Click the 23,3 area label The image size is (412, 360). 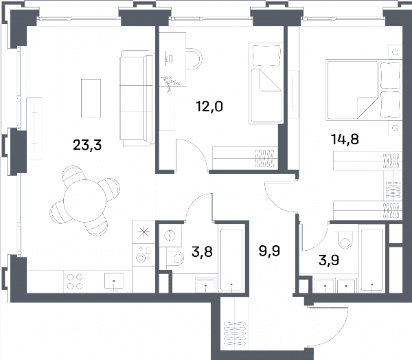click(x=87, y=145)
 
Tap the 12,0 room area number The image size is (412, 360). click(x=209, y=106)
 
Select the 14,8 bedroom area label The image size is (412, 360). click(x=345, y=139)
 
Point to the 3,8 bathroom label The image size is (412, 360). click(x=202, y=252)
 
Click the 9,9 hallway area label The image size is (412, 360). click(x=269, y=251)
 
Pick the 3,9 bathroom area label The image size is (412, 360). click(x=329, y=260)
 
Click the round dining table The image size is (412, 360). click(x=84, y=201)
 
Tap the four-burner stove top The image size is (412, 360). click(x=75, y=282)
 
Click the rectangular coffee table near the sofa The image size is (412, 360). click(x=91, y=98)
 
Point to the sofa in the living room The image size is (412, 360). click(x=137, y=98)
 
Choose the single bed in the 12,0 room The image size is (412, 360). click(x=266, y=83)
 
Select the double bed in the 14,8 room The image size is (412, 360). click(x=364, y=90)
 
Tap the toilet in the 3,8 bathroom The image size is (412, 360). click(x=175, y=258)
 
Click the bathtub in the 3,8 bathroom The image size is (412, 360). click(x=231, y=260)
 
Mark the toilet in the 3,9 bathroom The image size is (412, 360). click(x=345, y=237)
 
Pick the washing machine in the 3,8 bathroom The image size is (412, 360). click(x=170, y=236)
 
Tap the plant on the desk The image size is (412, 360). click(x=171, y=82)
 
